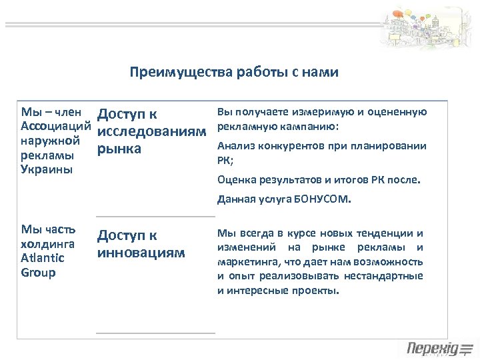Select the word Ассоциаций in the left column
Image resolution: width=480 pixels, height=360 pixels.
[56, 126]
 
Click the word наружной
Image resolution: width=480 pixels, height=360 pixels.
[51, 141]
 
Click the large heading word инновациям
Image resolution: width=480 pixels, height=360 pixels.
[141, 253]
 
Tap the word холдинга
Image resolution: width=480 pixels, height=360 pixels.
[48, 243]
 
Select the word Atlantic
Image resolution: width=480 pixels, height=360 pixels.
[43, 258]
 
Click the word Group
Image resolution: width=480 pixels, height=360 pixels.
[39, 273]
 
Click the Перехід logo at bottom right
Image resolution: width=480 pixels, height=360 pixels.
[439, 348]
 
